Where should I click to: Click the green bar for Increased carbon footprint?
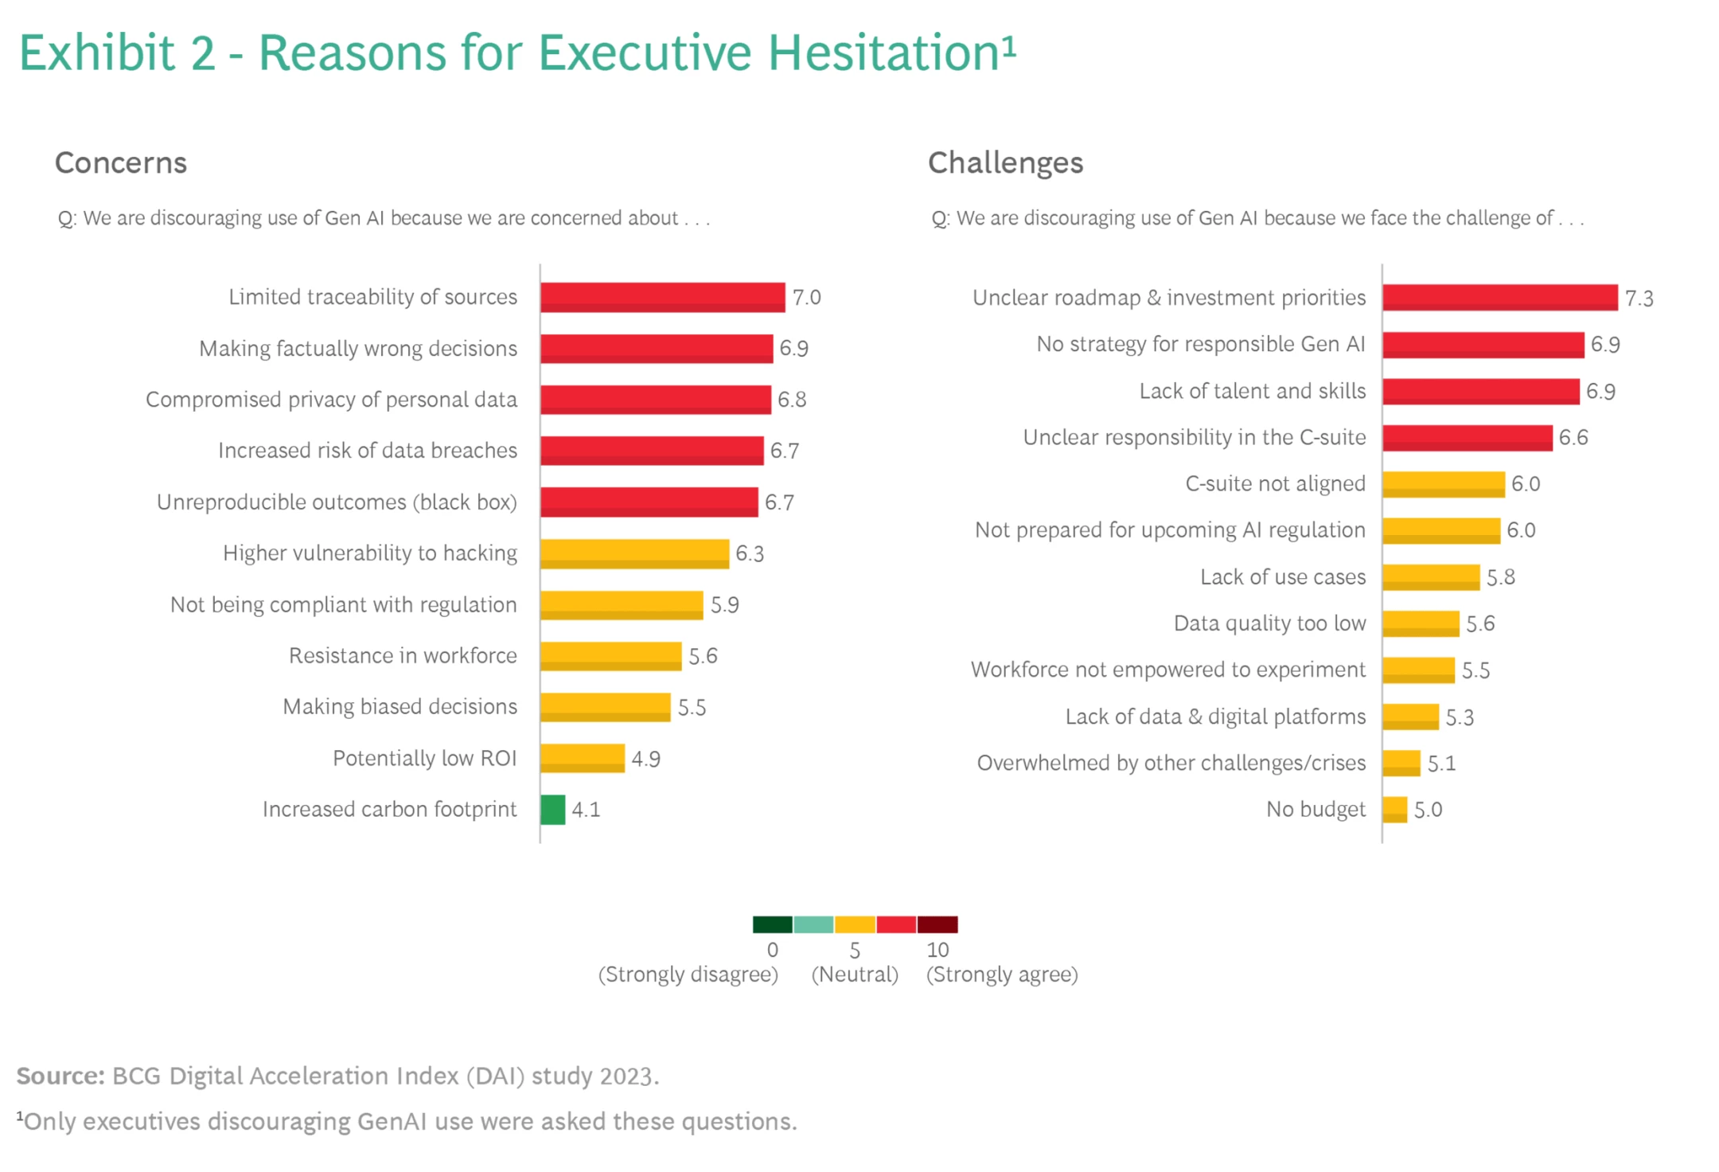[x=553, y=810]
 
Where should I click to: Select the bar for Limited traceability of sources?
[x=662, y=297]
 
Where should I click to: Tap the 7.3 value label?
[x=1639, y=299]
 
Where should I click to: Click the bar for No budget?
[x=1395, y=810]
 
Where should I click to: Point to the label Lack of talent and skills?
[x=1252, y=391]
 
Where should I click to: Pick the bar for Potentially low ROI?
[x=583, y=758]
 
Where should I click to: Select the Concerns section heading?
[x=121, y=163]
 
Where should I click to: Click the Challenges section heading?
[x=1005, y=163]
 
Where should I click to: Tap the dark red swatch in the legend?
[x=937, y=924]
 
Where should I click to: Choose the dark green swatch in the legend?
[x=773, y=924]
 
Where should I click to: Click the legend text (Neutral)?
[x=855, y=975]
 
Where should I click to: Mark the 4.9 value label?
[x=645, y=759]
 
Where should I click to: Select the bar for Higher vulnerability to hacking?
[x=634, y=553]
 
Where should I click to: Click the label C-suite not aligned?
[x=1275, y=484]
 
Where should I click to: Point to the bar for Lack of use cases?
[x=1431, y=576]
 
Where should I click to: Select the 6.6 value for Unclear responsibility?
[x=1573, y=438]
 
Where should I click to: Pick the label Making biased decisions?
[x=400, y=707]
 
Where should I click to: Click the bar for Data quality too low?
[x=1421, y=623]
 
